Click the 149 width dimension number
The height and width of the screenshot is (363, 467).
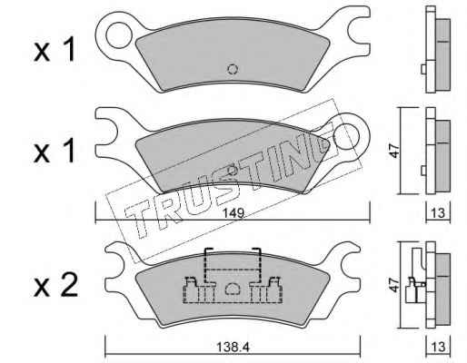click(x=234, y=213)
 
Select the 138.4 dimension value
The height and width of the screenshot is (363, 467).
click(x=233, y=347)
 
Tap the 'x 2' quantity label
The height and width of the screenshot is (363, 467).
click(x=55, y=285)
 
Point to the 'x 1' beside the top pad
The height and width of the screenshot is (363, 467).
click(x=55, y=51)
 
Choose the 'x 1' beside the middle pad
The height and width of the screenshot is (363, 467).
click(x=55, y=152)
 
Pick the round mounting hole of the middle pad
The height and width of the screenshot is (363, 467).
click(x=346, y=136)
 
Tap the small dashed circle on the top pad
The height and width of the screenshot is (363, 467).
click(x=233, y=70)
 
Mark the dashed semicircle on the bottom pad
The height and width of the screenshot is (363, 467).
click(x=233, y=289)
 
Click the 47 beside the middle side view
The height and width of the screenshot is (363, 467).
click(x=394, y=151)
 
